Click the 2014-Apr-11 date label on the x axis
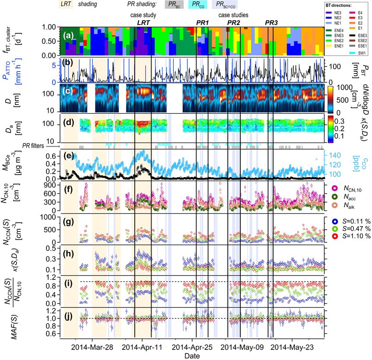[x=142, y=347]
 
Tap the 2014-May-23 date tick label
[x=291, y=347]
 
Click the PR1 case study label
[x=202, y=22]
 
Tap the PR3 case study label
[x=272, y=22]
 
